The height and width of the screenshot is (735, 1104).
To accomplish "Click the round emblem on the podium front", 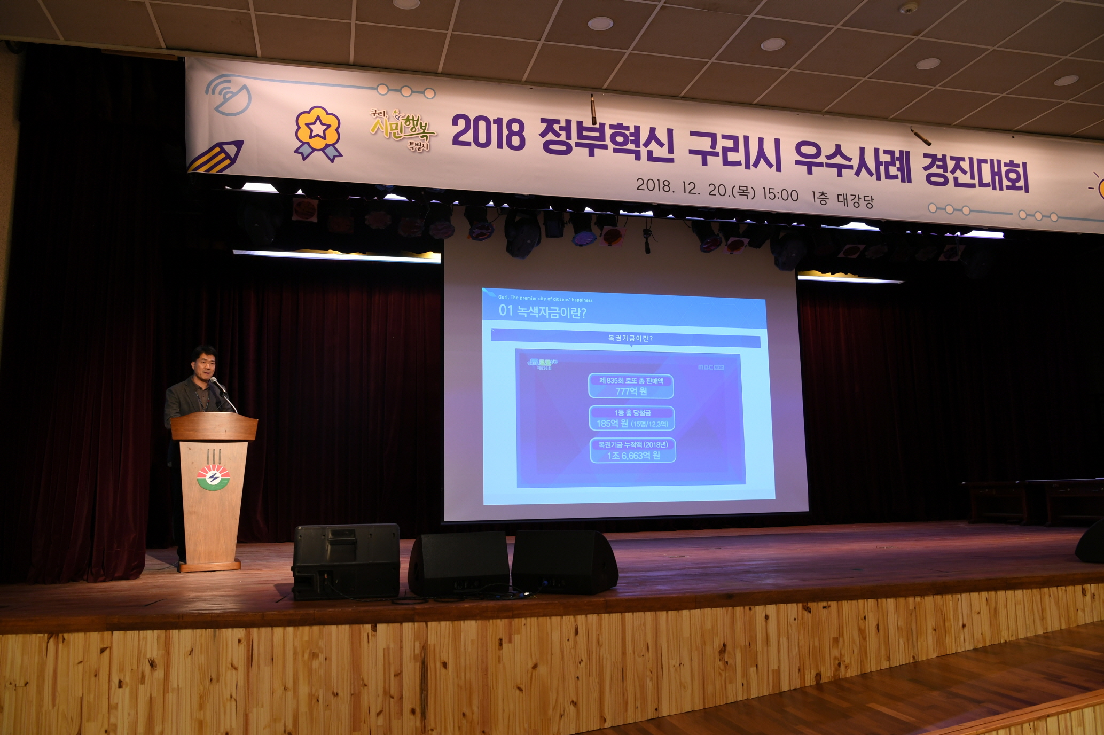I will pyautogui.click(x=213, y=477).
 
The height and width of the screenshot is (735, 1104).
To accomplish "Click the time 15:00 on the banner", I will pyautogui.click(x=780, y=194).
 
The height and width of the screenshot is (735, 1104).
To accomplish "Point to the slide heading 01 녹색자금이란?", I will pyautogui.click(x=542, y=311).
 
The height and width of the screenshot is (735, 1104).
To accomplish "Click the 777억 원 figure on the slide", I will pyautogui.click(x=631, y=392).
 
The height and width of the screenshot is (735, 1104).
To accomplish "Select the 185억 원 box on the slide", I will pyautogui.click(x=632, y=418).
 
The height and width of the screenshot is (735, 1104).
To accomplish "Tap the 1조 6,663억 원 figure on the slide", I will pyautogui.click(x=633, y=456).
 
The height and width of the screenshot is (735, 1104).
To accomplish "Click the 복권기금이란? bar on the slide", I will pyautogui.click(x=630, y=338).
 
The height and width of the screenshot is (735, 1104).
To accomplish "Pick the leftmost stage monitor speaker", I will pyautogui.click(x=346, y=560).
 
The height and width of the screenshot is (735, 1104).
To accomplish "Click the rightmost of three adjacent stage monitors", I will pyautogui.click(x=564, y=561).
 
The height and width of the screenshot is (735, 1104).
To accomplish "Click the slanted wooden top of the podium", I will pyautogui.click(x=214, y=426).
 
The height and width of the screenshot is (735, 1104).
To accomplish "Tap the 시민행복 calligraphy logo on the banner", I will pyautogui.click(x=404, y=128).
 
